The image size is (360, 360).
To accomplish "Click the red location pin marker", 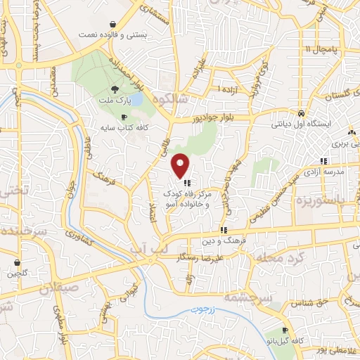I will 181,165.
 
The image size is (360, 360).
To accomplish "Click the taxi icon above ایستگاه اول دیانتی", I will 301,112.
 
